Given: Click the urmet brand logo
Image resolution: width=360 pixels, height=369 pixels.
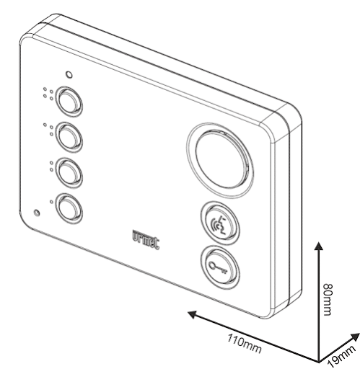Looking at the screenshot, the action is tap(146, 239).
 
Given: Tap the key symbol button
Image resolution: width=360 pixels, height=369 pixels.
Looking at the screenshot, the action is tap(219, 267).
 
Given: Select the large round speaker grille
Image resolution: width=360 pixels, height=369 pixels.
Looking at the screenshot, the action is tap(220, 161).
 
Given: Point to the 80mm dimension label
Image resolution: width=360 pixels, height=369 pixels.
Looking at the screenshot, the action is tap(328, 299).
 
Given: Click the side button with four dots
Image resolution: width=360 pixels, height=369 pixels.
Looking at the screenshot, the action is tap(69, 102).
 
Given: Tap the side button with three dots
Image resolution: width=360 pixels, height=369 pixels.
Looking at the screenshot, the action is tap(69, 137).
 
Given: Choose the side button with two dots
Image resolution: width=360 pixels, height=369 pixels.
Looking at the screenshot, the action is tap(69, 173).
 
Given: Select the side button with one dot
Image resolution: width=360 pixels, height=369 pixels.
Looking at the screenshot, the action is tap(69, 209).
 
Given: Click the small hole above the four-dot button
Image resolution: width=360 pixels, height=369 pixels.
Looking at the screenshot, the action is tap(69, 75).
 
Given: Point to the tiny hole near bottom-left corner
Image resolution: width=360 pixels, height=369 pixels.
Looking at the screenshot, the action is tap(37, 213).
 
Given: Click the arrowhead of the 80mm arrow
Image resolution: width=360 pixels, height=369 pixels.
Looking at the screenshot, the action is tap(319, 246).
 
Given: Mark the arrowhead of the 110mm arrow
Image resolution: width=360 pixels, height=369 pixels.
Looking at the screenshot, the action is tap(193, 314).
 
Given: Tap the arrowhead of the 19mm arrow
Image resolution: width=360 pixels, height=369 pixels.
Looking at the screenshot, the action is tap(355, 337).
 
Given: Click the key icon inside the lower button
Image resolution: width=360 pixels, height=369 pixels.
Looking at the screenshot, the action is tap(218, 267).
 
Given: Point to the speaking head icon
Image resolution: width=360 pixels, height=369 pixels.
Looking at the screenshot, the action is tap(219, 226).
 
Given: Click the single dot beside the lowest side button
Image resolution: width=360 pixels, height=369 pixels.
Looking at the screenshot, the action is tap(51, 202).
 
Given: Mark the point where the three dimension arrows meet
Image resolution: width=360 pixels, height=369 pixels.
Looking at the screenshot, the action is tap(319, 361).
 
